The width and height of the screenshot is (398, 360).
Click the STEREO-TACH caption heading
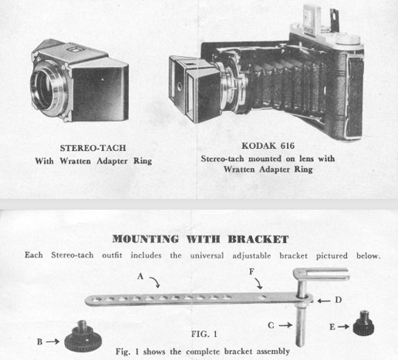[x=93, y=148]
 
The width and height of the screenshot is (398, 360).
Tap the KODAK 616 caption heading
[x=268, y=146]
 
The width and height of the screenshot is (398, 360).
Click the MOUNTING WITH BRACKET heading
[x=201, y=239]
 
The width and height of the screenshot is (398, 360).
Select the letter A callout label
[x=140, y=277]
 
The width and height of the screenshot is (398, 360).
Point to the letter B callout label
[x=39, y=341]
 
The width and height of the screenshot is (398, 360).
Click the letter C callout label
[x=271, y=325]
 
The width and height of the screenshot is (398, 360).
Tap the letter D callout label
[x=338, y=300]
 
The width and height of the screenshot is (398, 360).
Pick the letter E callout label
[x=332, y=327]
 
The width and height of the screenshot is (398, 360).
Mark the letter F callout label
[x=252, y=271]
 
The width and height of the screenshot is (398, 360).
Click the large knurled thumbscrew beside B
[x=83, y=337]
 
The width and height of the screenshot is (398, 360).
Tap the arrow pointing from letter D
[x=324, y=301]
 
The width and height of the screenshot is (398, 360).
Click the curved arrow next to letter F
[x=259, y=283]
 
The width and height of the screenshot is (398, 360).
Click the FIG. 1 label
[x=204, y=334]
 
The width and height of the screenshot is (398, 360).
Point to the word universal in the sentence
[x=207, y=256]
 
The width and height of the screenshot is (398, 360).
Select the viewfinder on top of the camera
[x=312, y=17]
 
